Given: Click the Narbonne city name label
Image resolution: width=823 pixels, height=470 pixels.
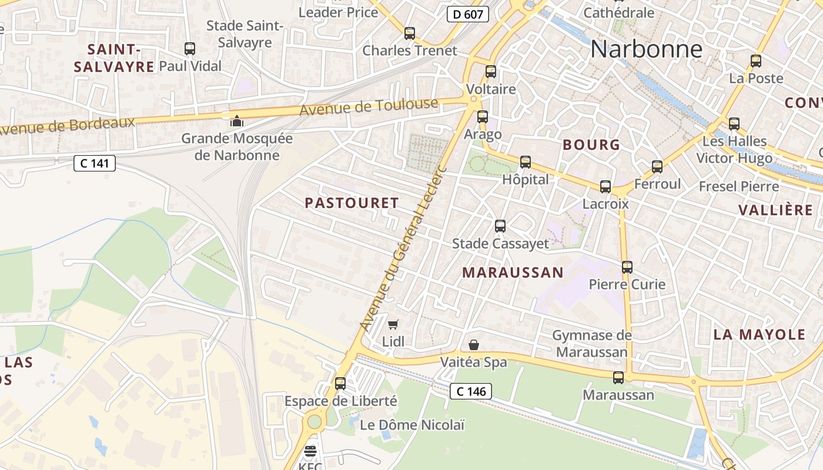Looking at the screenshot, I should pos(646,49).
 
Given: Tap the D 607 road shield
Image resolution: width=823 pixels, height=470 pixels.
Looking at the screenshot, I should pos(468,14).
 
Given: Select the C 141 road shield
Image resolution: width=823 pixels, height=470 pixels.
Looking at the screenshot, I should pos(94,163).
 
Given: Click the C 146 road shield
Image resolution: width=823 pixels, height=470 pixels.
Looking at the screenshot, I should pos(470,391).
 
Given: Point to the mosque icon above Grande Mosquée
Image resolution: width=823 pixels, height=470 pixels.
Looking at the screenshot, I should pos(236,121).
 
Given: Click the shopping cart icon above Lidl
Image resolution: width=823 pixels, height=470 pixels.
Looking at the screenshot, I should pos(393,324).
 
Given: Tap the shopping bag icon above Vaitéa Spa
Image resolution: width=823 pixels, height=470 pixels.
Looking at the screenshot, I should pos(474,345).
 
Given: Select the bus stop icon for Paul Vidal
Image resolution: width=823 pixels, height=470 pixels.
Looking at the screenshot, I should pos(189,49).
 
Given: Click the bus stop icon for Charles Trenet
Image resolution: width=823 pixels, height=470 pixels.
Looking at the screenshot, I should pos(410,33).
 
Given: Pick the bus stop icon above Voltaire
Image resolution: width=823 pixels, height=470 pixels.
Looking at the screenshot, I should pos(490,72).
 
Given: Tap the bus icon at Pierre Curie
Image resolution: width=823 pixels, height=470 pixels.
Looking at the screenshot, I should pos(627,267).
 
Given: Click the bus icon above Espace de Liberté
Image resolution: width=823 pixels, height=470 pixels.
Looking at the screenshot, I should pos(340,384).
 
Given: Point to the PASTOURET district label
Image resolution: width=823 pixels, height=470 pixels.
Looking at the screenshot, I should pos(352,203).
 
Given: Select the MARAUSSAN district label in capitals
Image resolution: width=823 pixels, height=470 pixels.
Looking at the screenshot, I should pos(513,273).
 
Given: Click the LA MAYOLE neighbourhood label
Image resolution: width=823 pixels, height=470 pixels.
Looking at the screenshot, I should pos(759,335).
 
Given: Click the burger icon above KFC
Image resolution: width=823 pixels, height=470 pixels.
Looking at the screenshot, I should pos(310,451).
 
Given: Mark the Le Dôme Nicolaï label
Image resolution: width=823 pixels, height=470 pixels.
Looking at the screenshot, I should pos(411,425).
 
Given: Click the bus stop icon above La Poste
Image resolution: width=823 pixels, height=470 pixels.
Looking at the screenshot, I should pos(756,61).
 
